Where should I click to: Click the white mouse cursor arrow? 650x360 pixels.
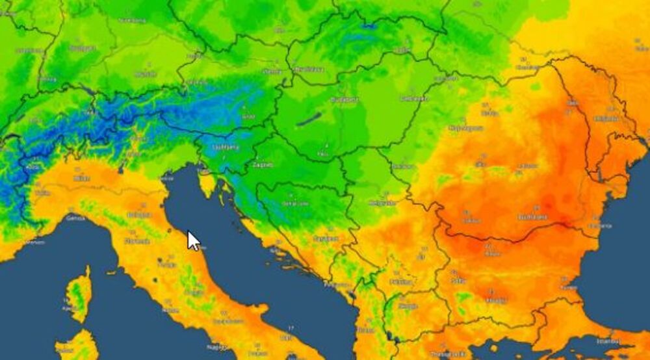pyautogui.click(x=193, y=240)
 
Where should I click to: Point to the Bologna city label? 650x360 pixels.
pyautogui.click(x=139, y=215)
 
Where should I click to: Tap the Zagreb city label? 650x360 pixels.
pyautogui.click(x=263, y=165)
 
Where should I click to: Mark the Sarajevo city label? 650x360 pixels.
pyautogui.click(x=325, y=238)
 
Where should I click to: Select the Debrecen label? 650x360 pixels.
pyautogui.click(x=415, y=99)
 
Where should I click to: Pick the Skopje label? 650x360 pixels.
pyautogui.click(x=408, y=305)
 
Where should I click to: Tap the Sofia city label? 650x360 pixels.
pyautogui.click(x=457, y=281)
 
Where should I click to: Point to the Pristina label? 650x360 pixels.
pyautogui.click(x=400, y=282)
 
